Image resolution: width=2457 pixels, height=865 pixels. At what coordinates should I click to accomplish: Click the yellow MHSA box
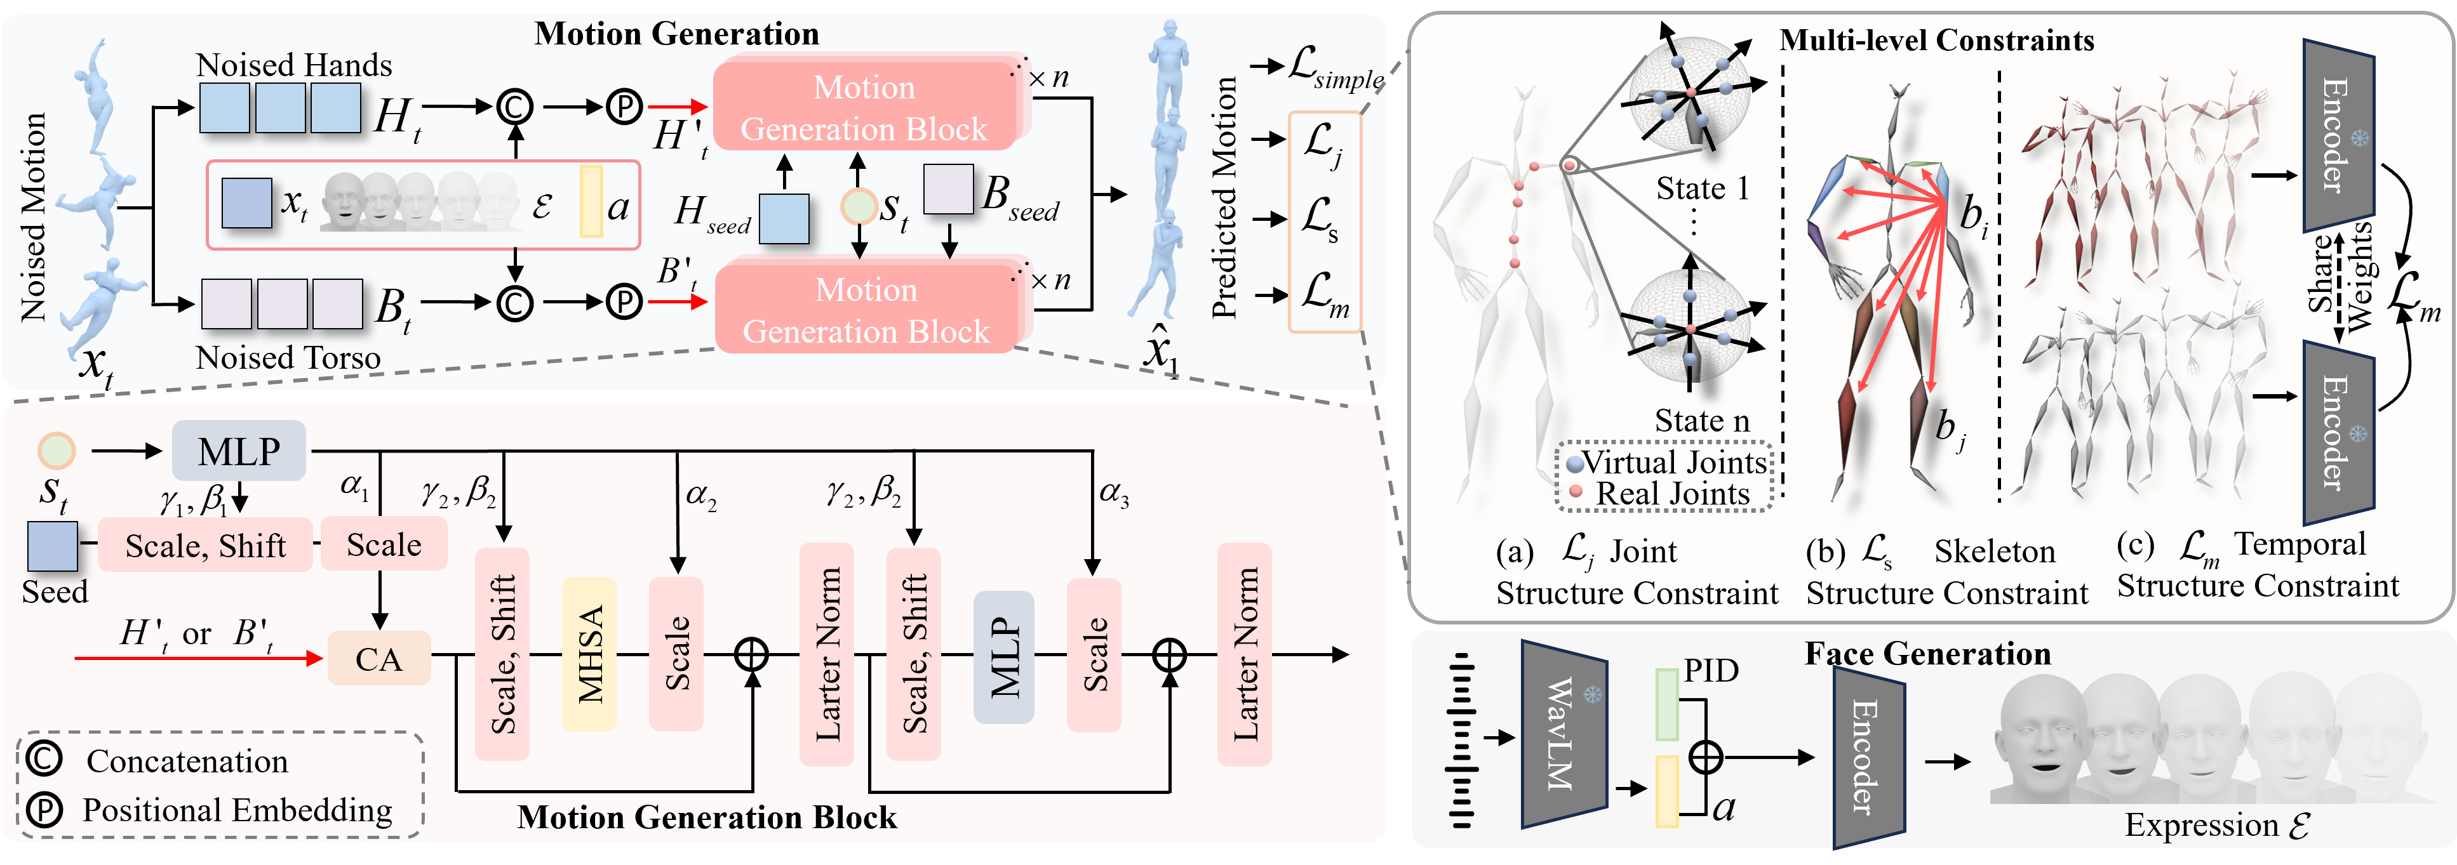589,654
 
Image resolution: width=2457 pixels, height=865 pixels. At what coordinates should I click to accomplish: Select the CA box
378,659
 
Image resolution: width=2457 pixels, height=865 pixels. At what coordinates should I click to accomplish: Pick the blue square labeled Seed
53,546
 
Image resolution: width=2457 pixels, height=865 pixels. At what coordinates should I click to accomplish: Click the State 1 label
1703,189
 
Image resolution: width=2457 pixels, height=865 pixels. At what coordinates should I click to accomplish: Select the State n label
1703,421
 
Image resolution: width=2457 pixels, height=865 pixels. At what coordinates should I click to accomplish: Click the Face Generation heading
1927,654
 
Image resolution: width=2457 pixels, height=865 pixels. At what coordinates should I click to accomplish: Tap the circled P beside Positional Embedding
44,810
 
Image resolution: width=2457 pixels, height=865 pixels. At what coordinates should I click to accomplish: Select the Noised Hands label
294,65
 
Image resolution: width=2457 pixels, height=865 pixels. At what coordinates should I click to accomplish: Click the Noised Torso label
288,358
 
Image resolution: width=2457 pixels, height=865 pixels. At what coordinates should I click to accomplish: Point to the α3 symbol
1114,493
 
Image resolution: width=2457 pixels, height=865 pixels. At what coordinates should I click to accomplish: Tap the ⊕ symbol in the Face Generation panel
1705,757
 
